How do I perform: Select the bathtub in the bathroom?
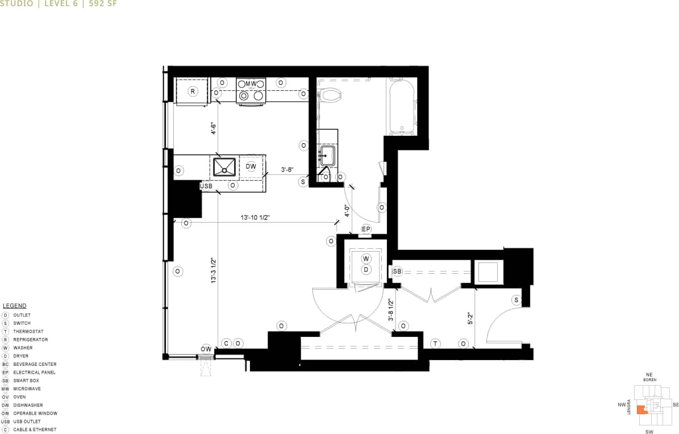tap(402, 106)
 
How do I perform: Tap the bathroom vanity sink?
tap(328, 154)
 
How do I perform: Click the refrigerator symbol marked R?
tap(193, 91)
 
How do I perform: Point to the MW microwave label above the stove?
tap(251, 84)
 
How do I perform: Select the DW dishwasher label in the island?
tap(251, 166)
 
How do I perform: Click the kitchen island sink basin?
tap(225, 166)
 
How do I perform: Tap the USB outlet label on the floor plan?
tap(206, 186)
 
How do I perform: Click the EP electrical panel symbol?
tap(366, 229)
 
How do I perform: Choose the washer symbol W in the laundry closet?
tap(366, 258)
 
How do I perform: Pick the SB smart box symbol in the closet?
tap(397, 272)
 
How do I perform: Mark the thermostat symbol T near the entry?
tap(435, 343)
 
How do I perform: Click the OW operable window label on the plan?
tap(206, 349)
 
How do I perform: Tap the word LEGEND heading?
tap(15, 306)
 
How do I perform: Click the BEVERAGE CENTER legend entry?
tap(34, 364)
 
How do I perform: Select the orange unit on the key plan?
tap(641, 410)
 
